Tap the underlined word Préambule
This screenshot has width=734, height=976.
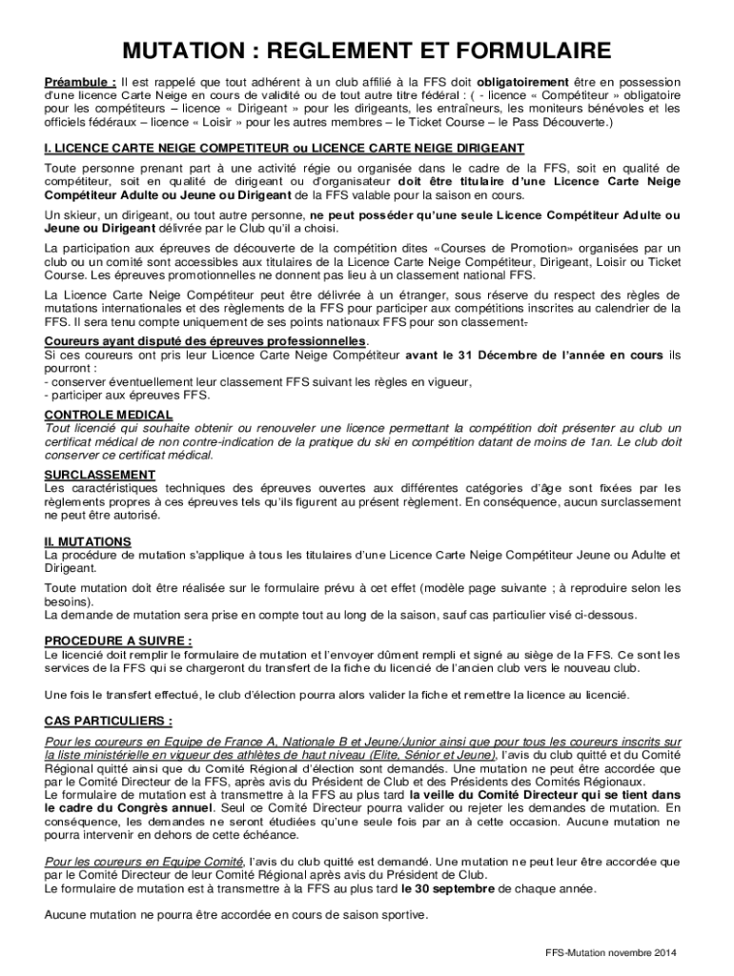click(80, 82)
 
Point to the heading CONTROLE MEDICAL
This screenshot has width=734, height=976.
click(109, 416)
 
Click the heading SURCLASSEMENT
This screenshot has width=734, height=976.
click(100, 475)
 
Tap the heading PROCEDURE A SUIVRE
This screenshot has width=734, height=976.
click(118, 640)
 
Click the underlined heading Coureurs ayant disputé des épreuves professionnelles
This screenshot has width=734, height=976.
click(205, 341)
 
